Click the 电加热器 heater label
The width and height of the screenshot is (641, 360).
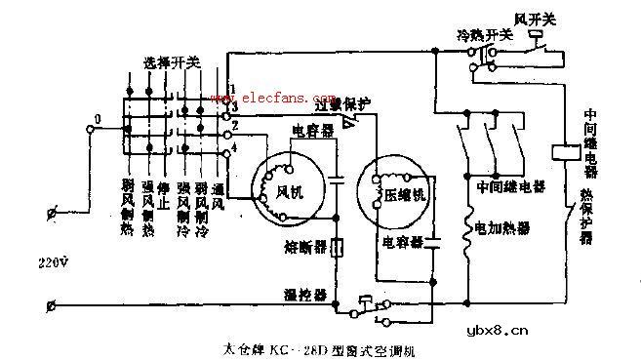[503, 228]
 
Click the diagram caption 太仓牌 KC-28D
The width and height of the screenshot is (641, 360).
[307, 346]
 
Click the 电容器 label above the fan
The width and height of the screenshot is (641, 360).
[309, 130]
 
